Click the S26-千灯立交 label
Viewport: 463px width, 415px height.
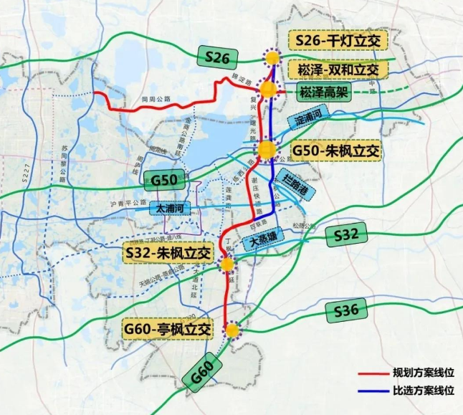tap(338, 42)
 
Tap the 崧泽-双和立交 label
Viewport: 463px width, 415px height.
tap(338, 70)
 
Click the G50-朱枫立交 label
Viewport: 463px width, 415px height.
tap(336, 151)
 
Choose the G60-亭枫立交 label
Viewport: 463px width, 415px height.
tap(168, 330)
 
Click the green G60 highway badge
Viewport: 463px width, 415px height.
tap(203, 375)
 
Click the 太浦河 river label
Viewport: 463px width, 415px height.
tap(173, 209)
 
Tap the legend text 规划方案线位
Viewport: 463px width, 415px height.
tap(423, 373)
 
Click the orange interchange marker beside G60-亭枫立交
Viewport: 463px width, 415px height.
tap(231, 330)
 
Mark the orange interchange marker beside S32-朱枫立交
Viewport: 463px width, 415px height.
tap(227, 264)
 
